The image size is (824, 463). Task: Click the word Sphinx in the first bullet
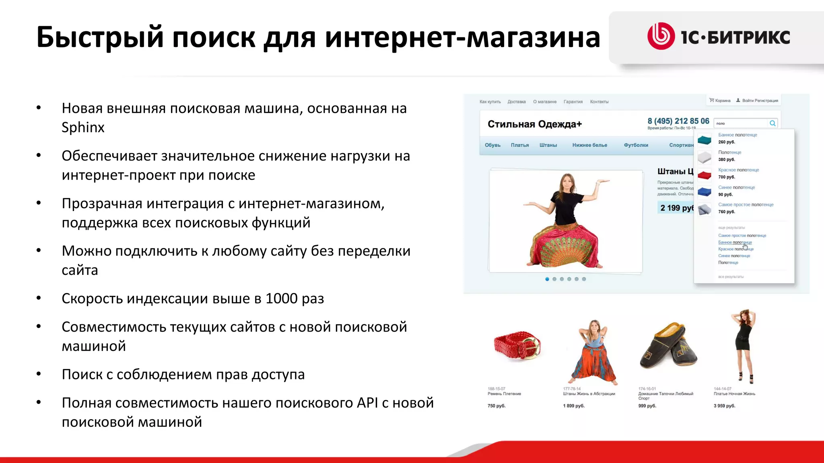point(83,127)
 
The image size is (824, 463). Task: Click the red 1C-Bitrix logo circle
point(661,36)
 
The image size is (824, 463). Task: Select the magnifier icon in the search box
point(772,123)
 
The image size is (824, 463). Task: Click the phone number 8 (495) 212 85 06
point(678,121)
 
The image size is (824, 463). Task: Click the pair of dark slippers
point(668,346)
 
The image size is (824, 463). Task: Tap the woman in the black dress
point(744,346)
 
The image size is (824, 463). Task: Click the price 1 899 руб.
point(574,406)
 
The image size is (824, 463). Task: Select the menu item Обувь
point(492,145)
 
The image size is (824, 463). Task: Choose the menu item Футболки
point(636,145)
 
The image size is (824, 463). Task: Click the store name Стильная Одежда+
point(535,124)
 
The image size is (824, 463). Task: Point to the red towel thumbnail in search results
point(705,175)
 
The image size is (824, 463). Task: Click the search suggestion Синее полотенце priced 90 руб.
point(736,187)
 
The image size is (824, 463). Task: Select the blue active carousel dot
point(547,279)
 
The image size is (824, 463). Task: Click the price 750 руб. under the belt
point(496,406)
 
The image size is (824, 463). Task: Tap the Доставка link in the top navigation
point(517,102)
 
